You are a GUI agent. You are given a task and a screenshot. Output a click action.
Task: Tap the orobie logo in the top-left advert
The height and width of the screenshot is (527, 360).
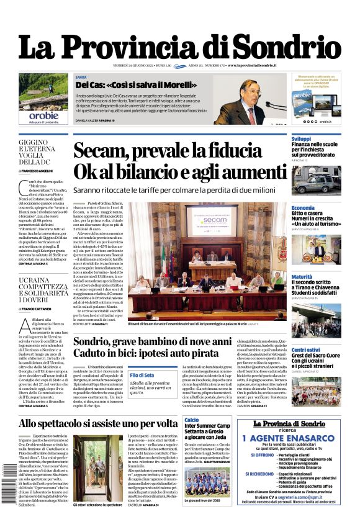pos(43,115)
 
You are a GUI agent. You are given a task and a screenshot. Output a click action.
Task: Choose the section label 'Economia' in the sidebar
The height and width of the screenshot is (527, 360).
pos(303,208)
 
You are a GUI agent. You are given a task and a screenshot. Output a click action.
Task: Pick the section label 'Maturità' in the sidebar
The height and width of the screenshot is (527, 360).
pos(302,277)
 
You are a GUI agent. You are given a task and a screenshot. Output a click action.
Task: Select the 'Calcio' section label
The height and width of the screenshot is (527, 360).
pos(191,420)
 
